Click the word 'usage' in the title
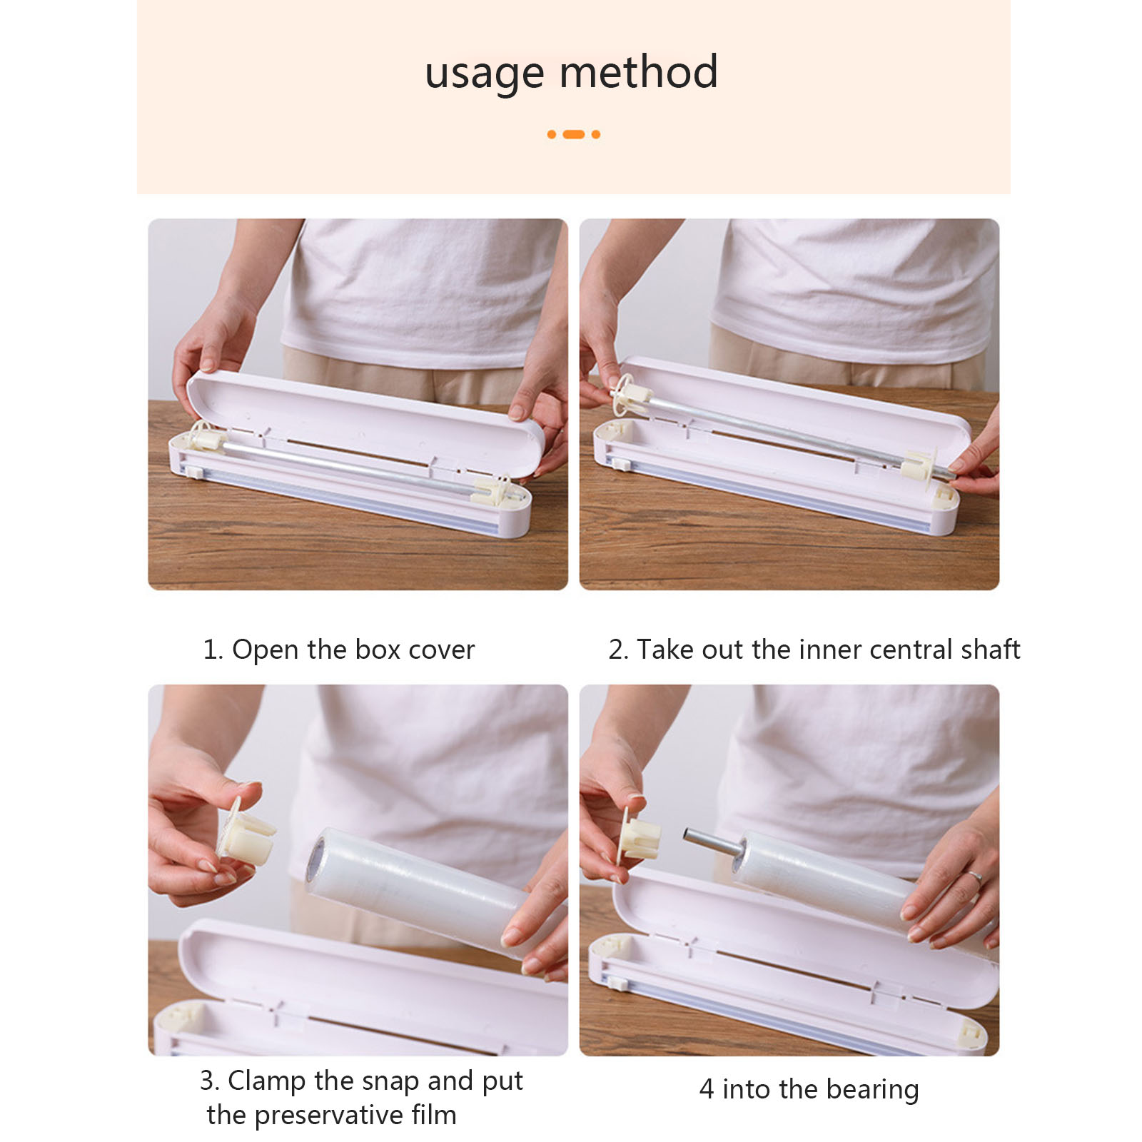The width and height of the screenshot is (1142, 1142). [485, 74]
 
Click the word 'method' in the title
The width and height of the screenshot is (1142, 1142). [639, 71]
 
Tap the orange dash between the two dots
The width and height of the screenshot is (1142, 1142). [574, 134]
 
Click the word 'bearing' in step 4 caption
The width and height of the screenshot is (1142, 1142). [873, 1090]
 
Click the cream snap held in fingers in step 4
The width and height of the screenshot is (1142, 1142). [637, 836]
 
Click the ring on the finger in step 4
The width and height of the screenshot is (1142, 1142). [974, 877]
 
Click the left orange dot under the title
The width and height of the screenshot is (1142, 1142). [552, 134]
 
